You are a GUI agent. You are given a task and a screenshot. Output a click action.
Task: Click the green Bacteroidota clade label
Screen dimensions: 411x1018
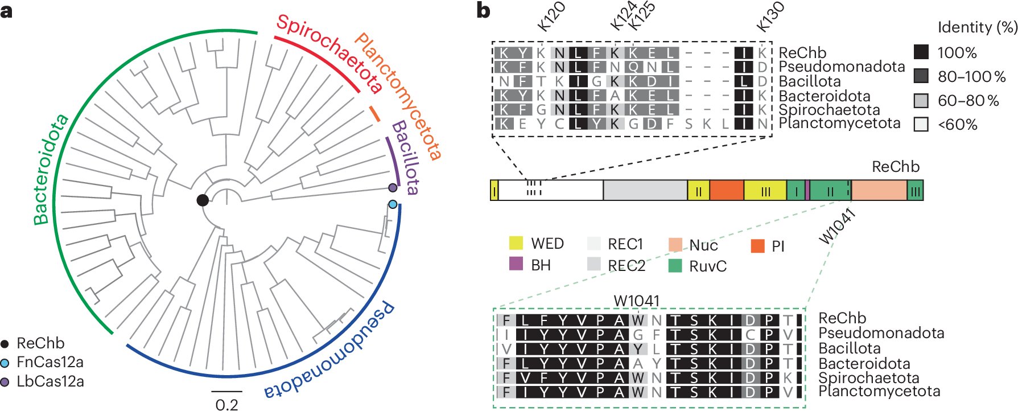[50, 170]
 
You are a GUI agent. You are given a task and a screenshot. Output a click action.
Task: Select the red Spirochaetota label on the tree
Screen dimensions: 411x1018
[329, 54]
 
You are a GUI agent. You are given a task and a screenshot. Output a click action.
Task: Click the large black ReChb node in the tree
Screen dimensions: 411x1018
[203, 200]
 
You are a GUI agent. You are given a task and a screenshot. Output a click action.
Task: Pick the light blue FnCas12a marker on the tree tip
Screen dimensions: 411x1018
[393, 204]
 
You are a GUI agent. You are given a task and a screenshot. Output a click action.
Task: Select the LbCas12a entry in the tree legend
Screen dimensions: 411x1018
[50, 381]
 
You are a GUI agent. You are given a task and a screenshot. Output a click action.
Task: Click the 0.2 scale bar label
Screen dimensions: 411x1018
[226, 405]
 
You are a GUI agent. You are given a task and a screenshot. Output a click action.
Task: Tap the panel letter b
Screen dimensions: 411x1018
[483, 10]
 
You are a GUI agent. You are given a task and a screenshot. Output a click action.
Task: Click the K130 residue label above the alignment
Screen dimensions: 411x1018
[770, 17]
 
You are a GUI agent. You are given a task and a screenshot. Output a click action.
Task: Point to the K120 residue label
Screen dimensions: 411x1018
[551, 17]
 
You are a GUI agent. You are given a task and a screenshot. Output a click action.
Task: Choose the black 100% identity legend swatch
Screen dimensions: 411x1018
[921, 52]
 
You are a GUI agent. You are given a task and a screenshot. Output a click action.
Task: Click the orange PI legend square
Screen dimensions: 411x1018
[757, 246]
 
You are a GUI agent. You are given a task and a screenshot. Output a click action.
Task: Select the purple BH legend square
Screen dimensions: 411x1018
[516, 264]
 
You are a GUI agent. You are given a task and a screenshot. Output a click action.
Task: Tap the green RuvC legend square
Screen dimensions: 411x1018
[675, 265]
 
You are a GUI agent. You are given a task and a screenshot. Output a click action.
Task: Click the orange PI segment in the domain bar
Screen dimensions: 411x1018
[726, 191]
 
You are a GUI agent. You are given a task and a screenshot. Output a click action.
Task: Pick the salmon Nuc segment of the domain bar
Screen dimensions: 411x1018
[879, 191]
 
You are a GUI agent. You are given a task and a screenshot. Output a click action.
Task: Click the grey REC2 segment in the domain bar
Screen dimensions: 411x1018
[645, 191]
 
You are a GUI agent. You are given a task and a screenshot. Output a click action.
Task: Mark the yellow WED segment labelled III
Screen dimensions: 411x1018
[765, 191]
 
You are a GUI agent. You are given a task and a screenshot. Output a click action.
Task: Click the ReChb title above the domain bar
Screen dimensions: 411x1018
[895, 167]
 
